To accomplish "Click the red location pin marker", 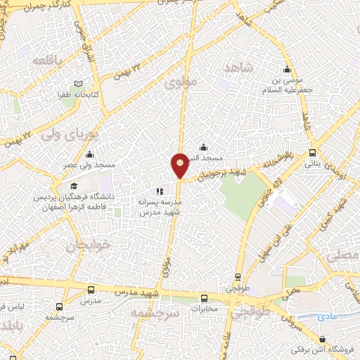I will pyautogui.click(x=180, y=165).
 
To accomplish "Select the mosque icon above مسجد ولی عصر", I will pyautogui.click(x=89, y=155).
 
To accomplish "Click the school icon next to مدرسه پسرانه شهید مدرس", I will pyautogui.click(x=160, y=191).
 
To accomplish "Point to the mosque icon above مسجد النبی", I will pyautogui.click(x=203, y=146).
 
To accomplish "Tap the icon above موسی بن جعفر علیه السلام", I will pyautogui.click(x=286, y=70).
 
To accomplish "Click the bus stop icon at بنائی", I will pyautogui.click(x=312, y=152).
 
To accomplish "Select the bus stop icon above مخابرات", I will pyautogui.click(x=204, y=297).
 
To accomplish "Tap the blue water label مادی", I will pyautogui.click(x=327, y=316).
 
